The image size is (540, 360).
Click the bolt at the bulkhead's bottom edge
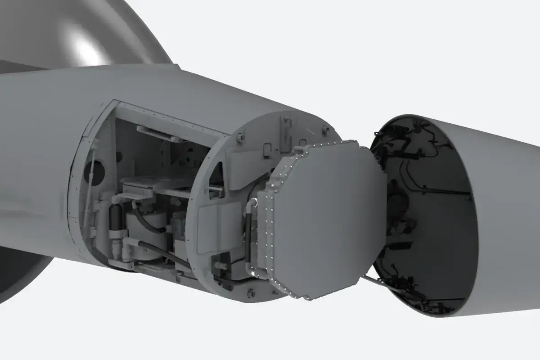coord(251,293)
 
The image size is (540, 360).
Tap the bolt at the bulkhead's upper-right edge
coord(325,130)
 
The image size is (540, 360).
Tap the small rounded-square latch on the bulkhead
coord(267,147)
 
